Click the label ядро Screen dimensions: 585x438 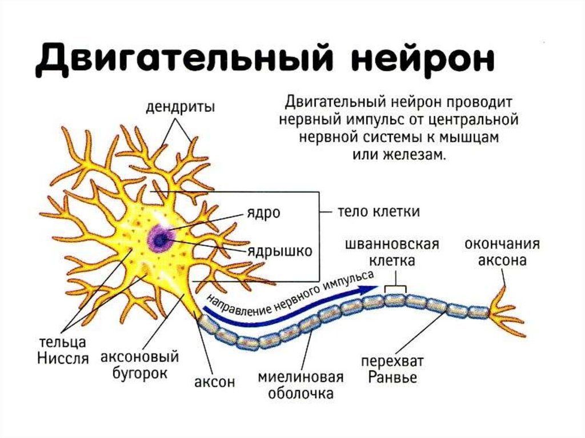click(262, 213)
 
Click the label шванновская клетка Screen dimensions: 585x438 click(392, 252)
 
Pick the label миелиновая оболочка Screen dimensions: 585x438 click(300, 385)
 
